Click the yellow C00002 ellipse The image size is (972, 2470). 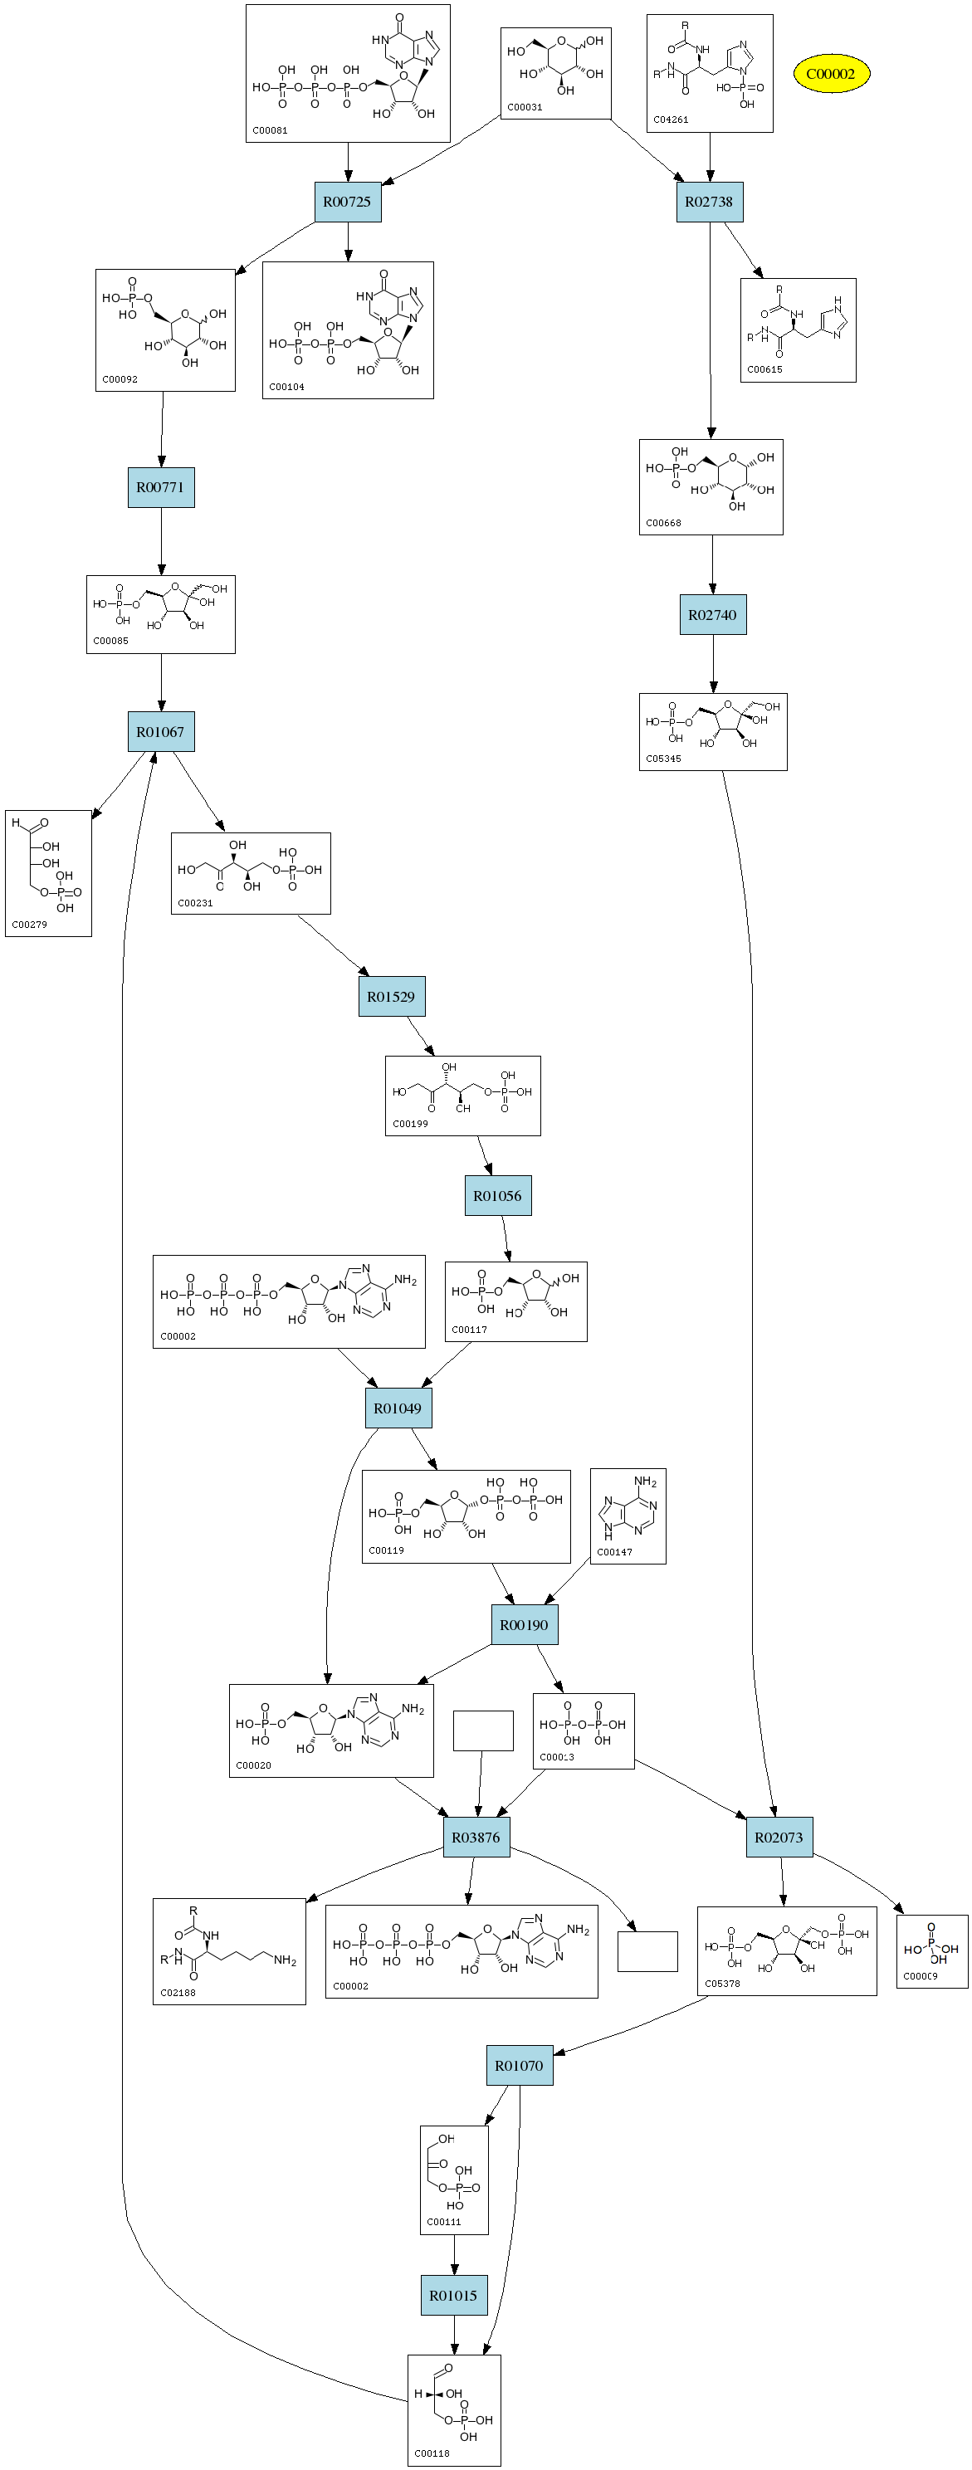(830, 74)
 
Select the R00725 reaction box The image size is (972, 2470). (347, 202)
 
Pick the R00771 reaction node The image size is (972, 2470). (160, 487)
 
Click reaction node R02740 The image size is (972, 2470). (712, 615)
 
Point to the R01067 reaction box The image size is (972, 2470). (160, 731)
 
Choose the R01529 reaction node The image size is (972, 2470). (391, 996)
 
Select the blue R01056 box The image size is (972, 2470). (497, 1196)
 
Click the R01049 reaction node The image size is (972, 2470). (397, 1408)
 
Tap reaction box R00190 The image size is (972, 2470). (524, 1625)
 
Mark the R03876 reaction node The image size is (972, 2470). (476, 1838)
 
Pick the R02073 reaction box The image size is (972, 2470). (779, 1838)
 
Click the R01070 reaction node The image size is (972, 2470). (519, 2065)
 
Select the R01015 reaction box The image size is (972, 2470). (452, 2296)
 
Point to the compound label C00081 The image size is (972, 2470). (271, 130)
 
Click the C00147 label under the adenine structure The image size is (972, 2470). (614, 1551)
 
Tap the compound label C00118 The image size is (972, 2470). (432, 2453)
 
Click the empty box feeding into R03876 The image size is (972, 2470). (482, 1730)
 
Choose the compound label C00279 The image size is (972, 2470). (29, 925)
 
